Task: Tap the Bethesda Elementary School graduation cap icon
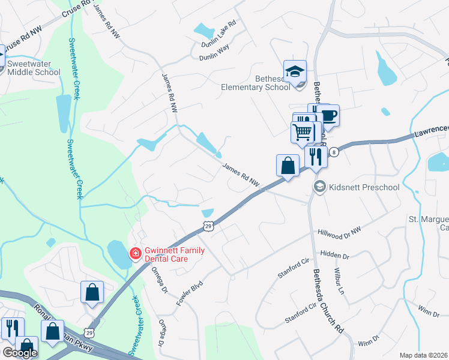tap(295, 71)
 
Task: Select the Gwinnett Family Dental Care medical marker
tap(136, 254)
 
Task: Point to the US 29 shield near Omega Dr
tap(208, 225)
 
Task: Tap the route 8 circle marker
tap(334, 152)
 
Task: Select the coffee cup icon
tap(328, 115)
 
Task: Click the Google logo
tap(20, 353)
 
